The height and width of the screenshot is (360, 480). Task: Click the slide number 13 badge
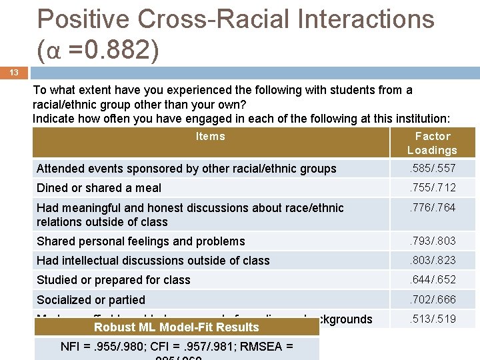coord(15,72)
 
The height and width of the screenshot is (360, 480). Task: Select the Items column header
coord(210,137)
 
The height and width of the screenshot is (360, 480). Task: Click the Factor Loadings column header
coord(432,143)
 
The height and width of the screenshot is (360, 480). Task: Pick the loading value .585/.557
coord(432,169)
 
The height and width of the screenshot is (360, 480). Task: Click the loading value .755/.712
coord(432,187)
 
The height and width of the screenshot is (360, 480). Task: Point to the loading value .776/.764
coord(432,208)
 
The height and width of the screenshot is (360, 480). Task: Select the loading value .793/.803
coord(432,241)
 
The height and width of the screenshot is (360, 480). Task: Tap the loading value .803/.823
coord(432,260)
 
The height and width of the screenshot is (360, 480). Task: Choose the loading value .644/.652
coord(432,279)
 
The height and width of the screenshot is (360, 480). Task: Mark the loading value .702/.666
coord(432,299)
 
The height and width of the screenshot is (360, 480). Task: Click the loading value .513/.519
coord(432,319)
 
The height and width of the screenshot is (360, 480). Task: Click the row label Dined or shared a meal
coord(99,188)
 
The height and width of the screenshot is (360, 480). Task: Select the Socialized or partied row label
coord(91,300)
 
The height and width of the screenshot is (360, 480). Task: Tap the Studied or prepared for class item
coord(113,280)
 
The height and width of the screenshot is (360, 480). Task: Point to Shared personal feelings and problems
coord(141,241)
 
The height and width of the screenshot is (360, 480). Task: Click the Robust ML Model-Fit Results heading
coord(176,327)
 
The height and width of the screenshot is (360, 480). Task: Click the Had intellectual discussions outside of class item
coord(153,261)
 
